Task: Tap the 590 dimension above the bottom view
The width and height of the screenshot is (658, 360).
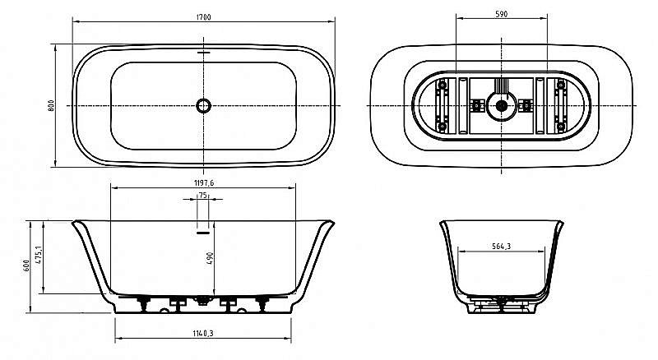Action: [x=501, y=14]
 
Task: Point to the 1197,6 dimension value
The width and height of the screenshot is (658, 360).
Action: [x=202, y=182]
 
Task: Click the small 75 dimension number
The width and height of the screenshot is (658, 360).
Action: [x=202, y=196]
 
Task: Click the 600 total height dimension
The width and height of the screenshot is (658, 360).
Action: [x=26, y=265]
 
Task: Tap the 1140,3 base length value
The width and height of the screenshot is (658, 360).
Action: [x=202, y=333]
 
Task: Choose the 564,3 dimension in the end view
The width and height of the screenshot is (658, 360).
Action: [x=502, y=244]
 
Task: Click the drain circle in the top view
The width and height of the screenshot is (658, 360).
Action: [x=203, y=105]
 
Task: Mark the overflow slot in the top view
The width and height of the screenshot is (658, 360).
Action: [x=203, y=54]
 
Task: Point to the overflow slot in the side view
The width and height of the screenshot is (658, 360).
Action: [x=203, y=233]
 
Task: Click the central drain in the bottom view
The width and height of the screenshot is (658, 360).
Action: [x=500, y=105]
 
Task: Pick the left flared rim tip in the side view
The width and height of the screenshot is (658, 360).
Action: [x=74, y=222]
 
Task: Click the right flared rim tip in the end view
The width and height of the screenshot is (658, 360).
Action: [x=563, y=222]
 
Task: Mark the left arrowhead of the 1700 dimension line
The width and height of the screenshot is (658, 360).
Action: [x=75, y=21]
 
